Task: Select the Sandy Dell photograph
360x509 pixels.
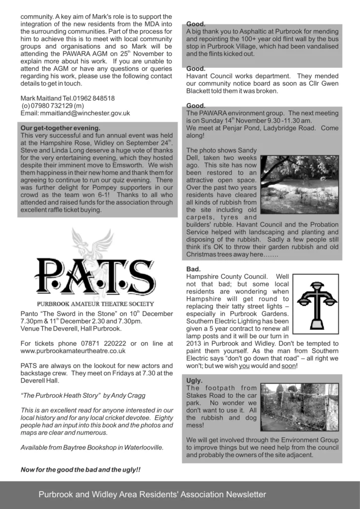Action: click(299, 184)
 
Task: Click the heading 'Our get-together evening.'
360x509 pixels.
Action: click(61, 128)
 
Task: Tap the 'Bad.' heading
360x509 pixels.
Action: click(193, 269)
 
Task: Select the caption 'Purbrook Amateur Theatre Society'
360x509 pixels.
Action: click(95, 304)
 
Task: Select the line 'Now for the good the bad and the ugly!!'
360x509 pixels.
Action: click(81, 469)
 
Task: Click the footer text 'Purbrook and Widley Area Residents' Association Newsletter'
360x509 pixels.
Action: click(152, 495)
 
